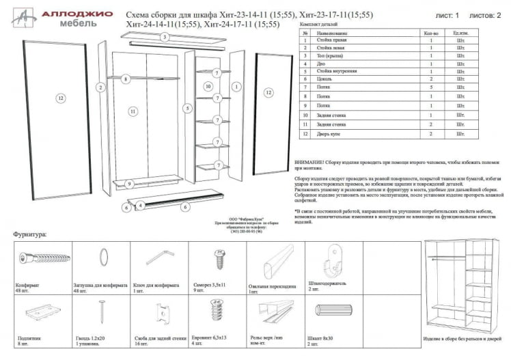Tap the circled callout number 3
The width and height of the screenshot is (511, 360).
tap(165, 37)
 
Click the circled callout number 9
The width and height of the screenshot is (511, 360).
tap(128, 184)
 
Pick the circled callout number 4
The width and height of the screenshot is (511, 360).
tap(140, 205)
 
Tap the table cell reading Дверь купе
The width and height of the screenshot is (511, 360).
tap(330, 134)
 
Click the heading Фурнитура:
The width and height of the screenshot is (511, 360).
tap(30, 234)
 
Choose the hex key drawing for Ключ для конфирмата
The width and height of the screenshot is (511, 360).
tap(161, 258)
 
